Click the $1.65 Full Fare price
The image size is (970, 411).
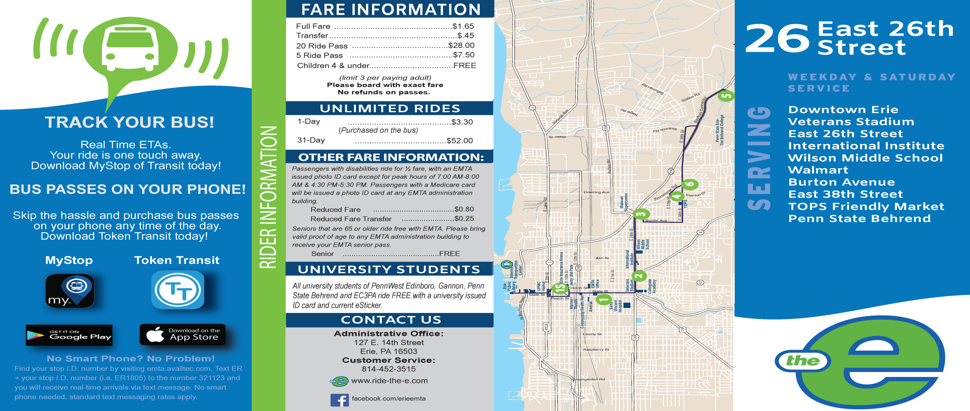pos(463,26)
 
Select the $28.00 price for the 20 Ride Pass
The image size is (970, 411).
pos(461,45)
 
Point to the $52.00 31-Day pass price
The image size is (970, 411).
pos(460,141)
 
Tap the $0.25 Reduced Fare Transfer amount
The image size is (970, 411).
pos(464,219)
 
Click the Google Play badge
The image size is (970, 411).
pos(69,335)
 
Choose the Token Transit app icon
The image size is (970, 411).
pos(177,290)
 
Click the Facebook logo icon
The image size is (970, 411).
pos(339,400)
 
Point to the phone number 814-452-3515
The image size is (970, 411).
pos(388,369)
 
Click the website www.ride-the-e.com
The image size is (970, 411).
pos(389,381)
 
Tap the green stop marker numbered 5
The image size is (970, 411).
pos(726,95)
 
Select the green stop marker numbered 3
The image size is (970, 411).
pos(641,214)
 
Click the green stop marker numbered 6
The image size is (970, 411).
pos(690,184)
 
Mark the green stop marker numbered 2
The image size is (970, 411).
pos(639,276)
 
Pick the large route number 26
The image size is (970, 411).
pos(777,38)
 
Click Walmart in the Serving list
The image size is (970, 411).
pos(818,170)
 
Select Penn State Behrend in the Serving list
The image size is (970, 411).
pos(859,219)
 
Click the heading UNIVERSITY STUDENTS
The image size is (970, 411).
pos(389,269)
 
